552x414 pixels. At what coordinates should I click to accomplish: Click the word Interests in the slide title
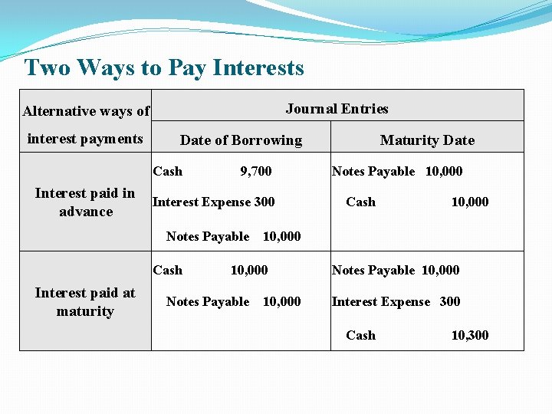tap(258, 67)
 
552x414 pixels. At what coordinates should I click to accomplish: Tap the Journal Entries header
tap(337, 109)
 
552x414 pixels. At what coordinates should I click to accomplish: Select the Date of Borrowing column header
tap(241, 140)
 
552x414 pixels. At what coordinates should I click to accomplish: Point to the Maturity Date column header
tap(427, 140)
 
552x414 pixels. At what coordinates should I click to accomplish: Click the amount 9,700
tap(255, 171)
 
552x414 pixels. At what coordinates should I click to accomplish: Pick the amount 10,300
tap(469, 335)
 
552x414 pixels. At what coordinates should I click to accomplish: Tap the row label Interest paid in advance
tap(85, 202)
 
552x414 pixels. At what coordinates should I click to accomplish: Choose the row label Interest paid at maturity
tap(85, 302)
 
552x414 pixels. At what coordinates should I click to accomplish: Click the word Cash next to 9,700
tap(168, 171)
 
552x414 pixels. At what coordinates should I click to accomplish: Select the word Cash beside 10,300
tap(360, 335)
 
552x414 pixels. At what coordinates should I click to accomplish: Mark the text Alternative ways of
tap(86, 111)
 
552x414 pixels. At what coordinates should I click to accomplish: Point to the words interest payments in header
tap(85, 139)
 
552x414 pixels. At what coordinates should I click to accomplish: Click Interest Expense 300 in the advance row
tap(213, 202)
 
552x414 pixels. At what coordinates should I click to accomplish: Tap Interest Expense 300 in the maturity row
tap(396, 301)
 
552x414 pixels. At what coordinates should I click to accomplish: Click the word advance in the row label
tap(86, 212)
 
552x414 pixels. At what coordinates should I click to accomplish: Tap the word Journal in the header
tap(310, 109)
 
